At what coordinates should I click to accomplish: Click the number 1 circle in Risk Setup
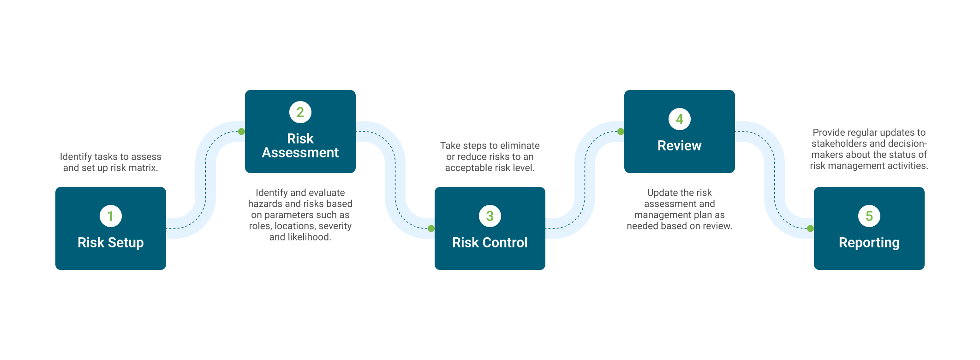pyautogui.click(x=111, y=216)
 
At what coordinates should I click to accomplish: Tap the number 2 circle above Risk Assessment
pyautogui.click(x=300, y=112)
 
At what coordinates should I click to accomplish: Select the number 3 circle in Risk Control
pyautogui.click(x=490, y=216)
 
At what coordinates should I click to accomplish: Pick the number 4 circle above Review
pyautogui.click(x=680, y=119)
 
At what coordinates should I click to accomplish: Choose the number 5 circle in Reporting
pyautogui.click(x=869, y=216)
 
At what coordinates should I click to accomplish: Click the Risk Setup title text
pyautogui.click(x=111, y=243)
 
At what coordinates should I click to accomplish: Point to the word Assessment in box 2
pyautogui.click(x=300, y=153)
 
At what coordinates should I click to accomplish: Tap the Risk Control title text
pyautogui.click(x=490, y=243)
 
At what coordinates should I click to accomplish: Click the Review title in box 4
pyautogui.click(x=680, y=146)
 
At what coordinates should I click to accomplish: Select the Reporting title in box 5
pyautogui.click(x=869, y=243)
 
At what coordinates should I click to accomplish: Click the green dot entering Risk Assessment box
pyautogui.click(x=241, y=132)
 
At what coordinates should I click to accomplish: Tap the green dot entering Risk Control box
pyautogui.click(x=431, y=228)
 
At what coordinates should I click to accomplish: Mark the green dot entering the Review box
pyautogui.click(x=621, y=132)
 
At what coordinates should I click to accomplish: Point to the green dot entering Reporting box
pyautogui.click(x=810, y=228)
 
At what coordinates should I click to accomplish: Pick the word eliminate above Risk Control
pyautogui.click(x=520, y=146)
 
